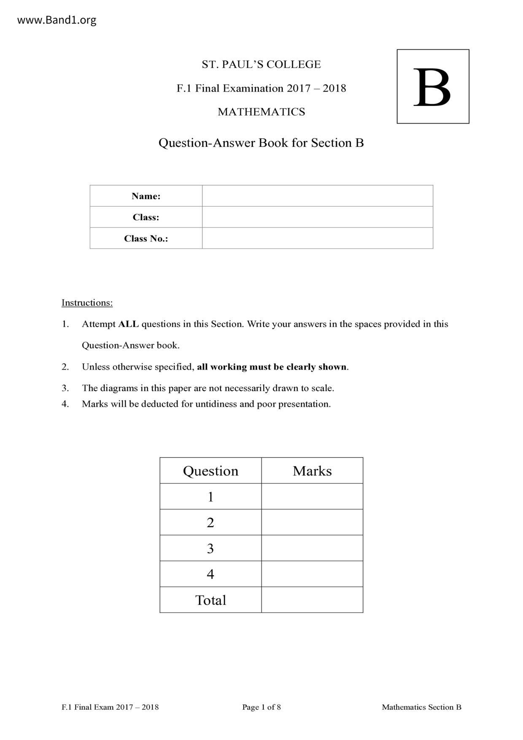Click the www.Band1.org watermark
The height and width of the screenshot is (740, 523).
[x=57, y=20]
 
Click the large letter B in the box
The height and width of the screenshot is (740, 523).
[x=432, y=87]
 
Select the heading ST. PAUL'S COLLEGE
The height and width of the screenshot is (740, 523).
[x=261, y=65]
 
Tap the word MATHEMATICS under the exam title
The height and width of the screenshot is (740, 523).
[x=261, y=112]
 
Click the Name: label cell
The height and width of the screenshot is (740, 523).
[x=146, y=196]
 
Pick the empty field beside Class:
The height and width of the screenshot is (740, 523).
[x=317, y=217]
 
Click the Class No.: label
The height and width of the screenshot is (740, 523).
[x=146, y=238]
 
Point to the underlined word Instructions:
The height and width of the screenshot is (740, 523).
[x=87, y=302]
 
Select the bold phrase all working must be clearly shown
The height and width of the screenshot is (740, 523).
[x=272, y=367]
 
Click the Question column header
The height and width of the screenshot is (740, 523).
[x=210, y=471]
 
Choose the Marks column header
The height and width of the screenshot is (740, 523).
[x=312, y=471]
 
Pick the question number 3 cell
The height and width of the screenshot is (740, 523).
[x=210, y=548]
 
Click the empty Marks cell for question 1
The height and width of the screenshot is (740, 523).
[x=312, y=497]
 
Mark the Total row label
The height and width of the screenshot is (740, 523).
[x=210, y=600]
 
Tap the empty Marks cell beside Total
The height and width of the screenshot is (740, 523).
[x=312, y=600]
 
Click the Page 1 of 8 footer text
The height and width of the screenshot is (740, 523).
[x=261, y=707]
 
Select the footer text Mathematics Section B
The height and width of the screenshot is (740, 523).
[x=421, y=707]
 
